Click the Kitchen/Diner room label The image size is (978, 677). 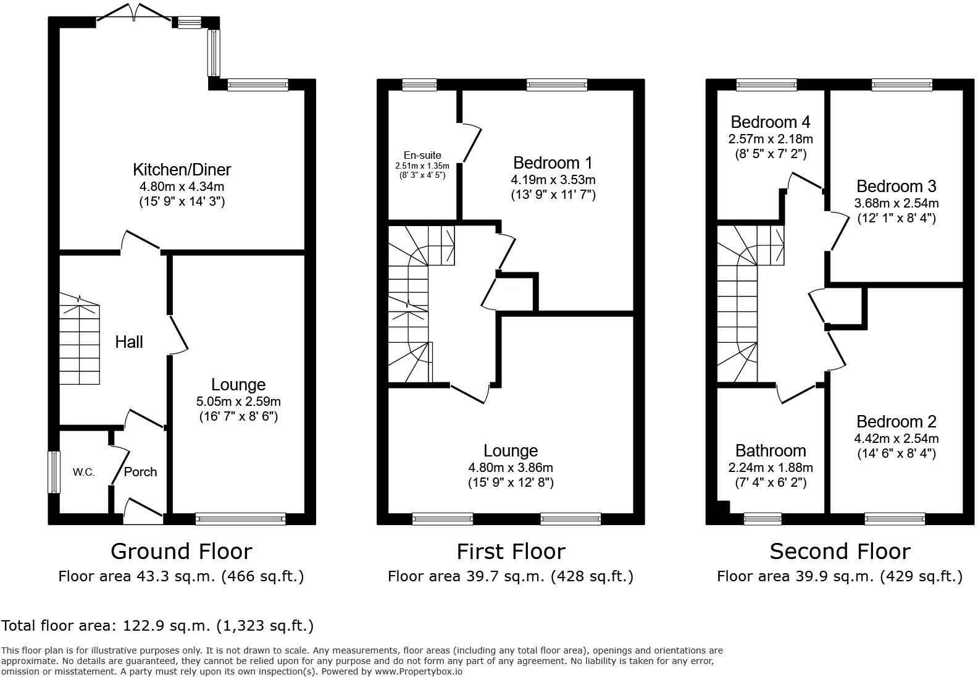point(182,169)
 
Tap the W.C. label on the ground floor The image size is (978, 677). point(83,473)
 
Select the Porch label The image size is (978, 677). point(141,472)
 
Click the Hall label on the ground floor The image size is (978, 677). point(129,342)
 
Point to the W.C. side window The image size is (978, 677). point(54,473)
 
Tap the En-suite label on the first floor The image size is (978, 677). point(422,155)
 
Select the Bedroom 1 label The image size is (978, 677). point(553,163)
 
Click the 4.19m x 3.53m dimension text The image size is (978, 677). point(553,180)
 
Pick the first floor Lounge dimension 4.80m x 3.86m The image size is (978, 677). point(511,468)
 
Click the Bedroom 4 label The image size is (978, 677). point(770,122)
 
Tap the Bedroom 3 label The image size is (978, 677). point(896,186)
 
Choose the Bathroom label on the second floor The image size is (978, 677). point(770,451)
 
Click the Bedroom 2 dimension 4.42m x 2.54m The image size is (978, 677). point(896,439)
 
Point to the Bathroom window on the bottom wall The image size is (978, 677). point(763,518)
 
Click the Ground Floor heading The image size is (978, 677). point(181,551)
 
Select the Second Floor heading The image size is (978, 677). point(840,551)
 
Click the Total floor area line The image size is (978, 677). point(157,626)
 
